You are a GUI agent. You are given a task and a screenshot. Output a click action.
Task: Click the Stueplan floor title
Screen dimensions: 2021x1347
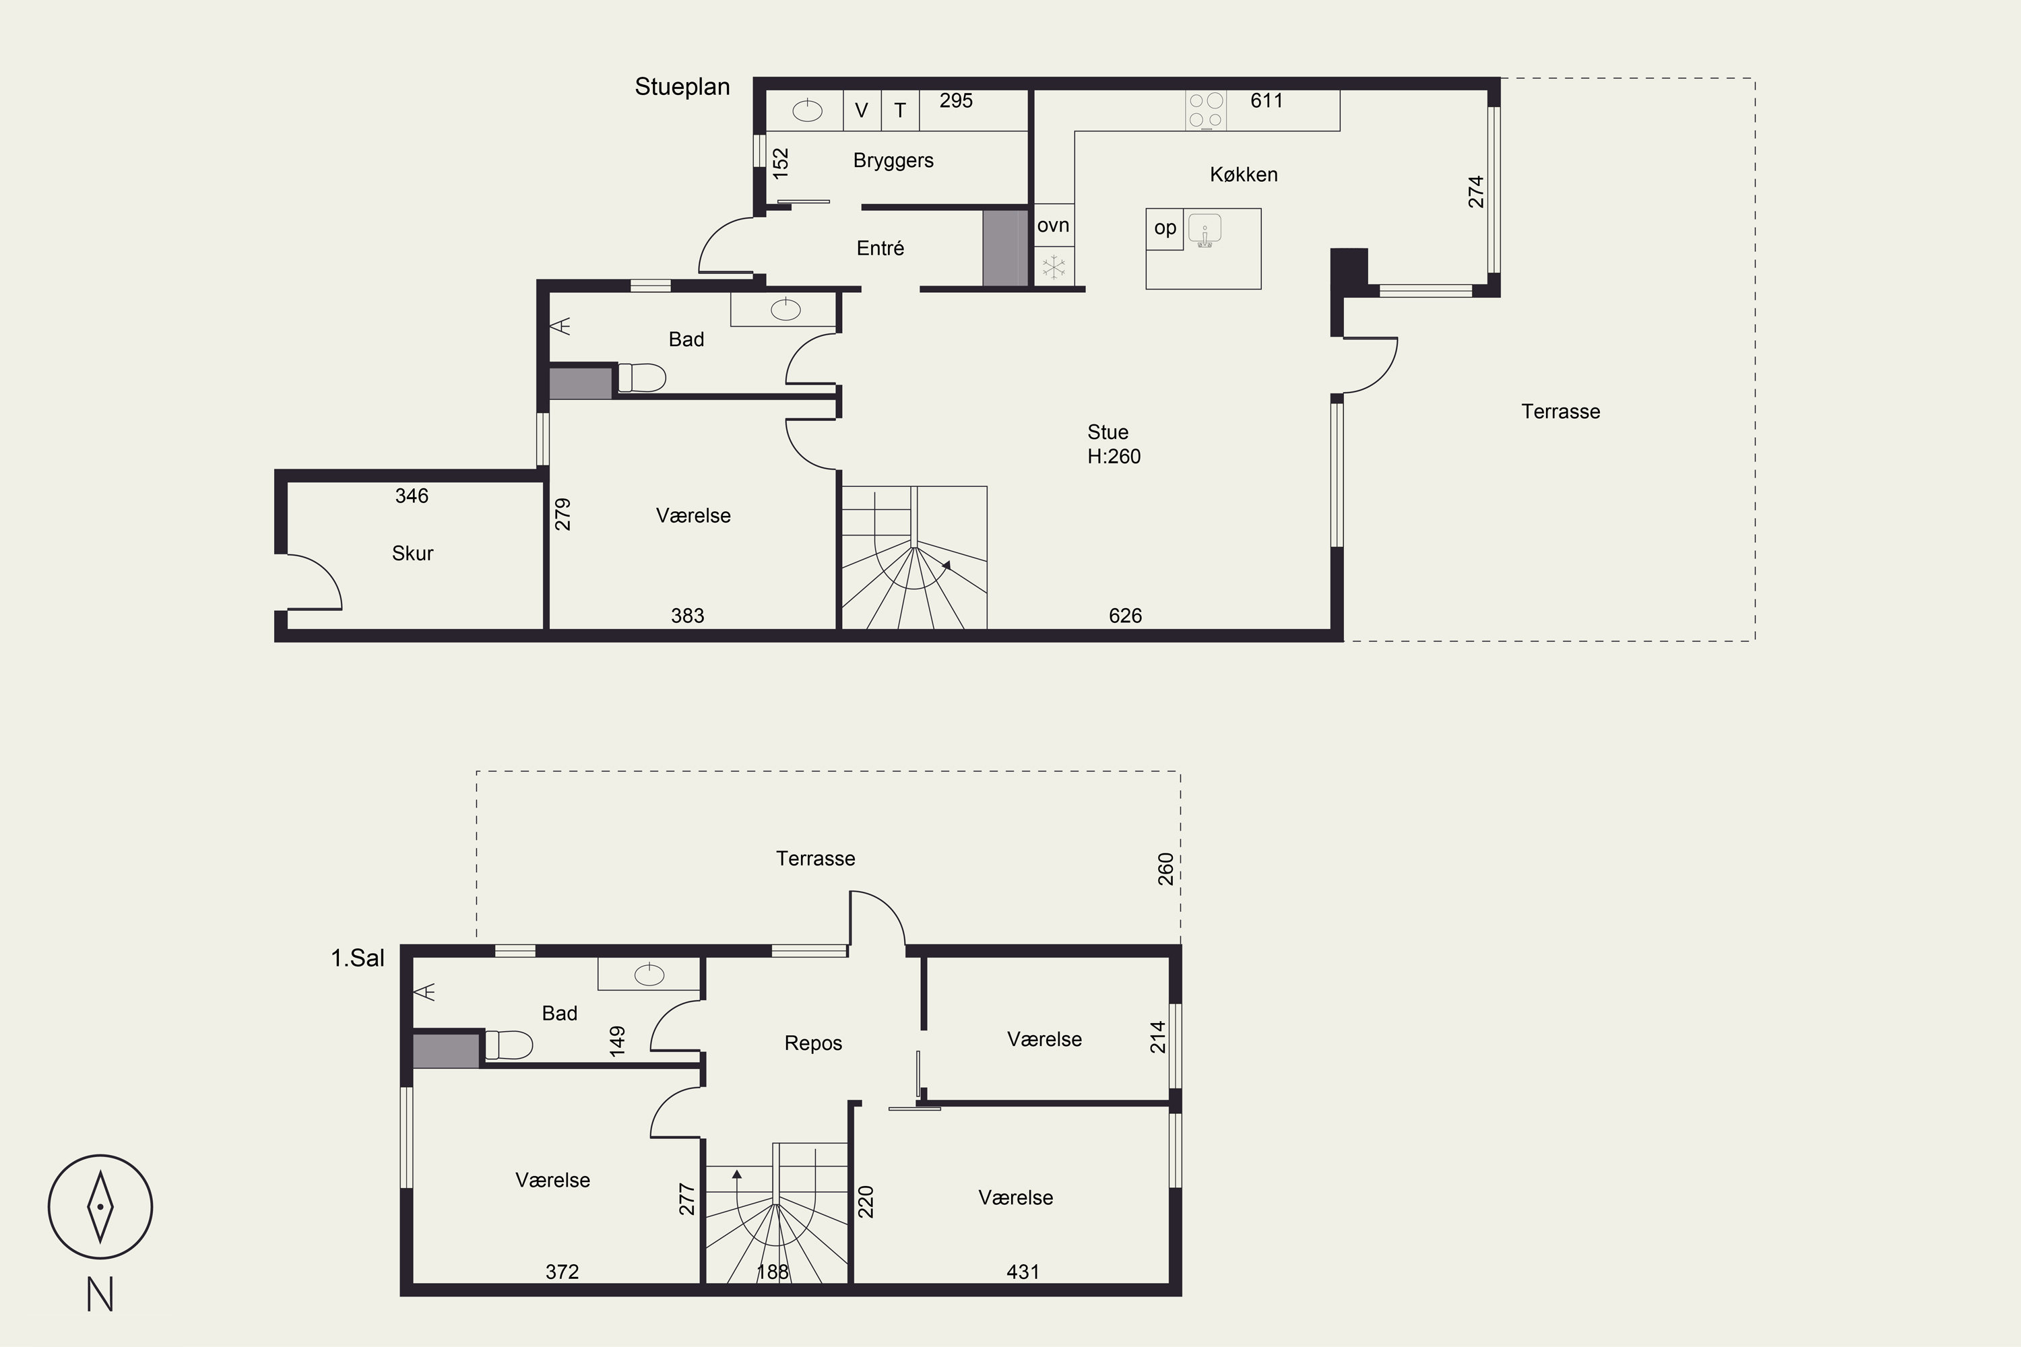[682, 87]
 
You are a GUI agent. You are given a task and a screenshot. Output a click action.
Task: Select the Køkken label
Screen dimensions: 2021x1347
[1244, 174]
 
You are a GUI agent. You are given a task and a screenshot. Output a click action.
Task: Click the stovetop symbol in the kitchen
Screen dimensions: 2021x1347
[1206, 110]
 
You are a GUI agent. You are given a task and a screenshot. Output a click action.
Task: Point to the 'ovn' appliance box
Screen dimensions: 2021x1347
[1054, 226]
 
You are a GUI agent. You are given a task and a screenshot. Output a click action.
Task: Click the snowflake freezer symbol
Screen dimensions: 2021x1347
[1054, 266]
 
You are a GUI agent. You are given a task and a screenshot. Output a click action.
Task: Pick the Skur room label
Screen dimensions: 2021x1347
[412, 553]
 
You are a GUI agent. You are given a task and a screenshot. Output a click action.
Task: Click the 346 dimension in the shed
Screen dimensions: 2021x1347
[412, 496]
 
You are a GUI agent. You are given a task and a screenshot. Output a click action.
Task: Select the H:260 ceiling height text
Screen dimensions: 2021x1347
[1114, 456]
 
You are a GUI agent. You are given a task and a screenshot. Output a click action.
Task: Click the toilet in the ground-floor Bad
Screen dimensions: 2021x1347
[642, 378]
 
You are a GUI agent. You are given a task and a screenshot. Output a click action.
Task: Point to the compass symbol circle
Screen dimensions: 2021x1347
[100, 1206]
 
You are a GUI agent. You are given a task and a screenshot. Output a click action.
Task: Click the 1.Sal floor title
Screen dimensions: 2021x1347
[358, 958]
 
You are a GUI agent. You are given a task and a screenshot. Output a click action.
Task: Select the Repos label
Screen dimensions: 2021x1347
[813, 1043]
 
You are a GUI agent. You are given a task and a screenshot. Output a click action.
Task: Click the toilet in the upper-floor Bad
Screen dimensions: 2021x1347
[509, 1045]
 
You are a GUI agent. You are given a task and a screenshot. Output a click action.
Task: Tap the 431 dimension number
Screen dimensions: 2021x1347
[1023, 1272]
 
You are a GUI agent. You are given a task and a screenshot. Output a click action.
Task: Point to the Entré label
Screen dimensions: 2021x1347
[880, 249]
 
